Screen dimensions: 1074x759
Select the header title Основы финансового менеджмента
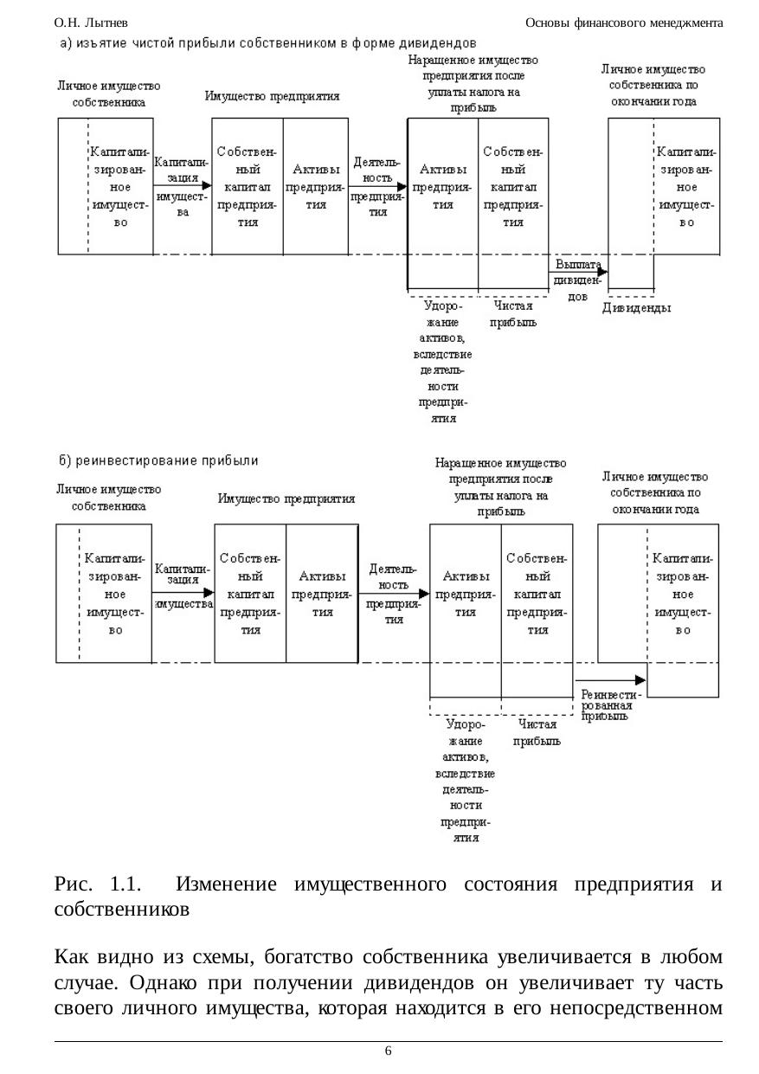tap(624, 23)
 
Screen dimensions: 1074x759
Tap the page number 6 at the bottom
tap(388, 1051)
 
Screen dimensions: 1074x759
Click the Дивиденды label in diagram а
tap(636, 308)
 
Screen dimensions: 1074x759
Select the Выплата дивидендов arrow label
tap(577, 280)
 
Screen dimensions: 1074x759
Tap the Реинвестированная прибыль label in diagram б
tap(611, 704)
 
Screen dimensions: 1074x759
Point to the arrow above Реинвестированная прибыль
tap(610, 679)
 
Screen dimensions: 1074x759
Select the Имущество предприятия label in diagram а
tap(272, 96)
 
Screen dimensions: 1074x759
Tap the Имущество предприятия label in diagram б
tap(286, 498)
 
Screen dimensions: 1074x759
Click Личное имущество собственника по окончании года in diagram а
tap(653, 85)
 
